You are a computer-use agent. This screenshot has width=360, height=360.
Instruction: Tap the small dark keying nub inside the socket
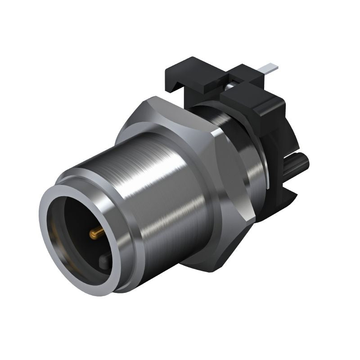[104, 261]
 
